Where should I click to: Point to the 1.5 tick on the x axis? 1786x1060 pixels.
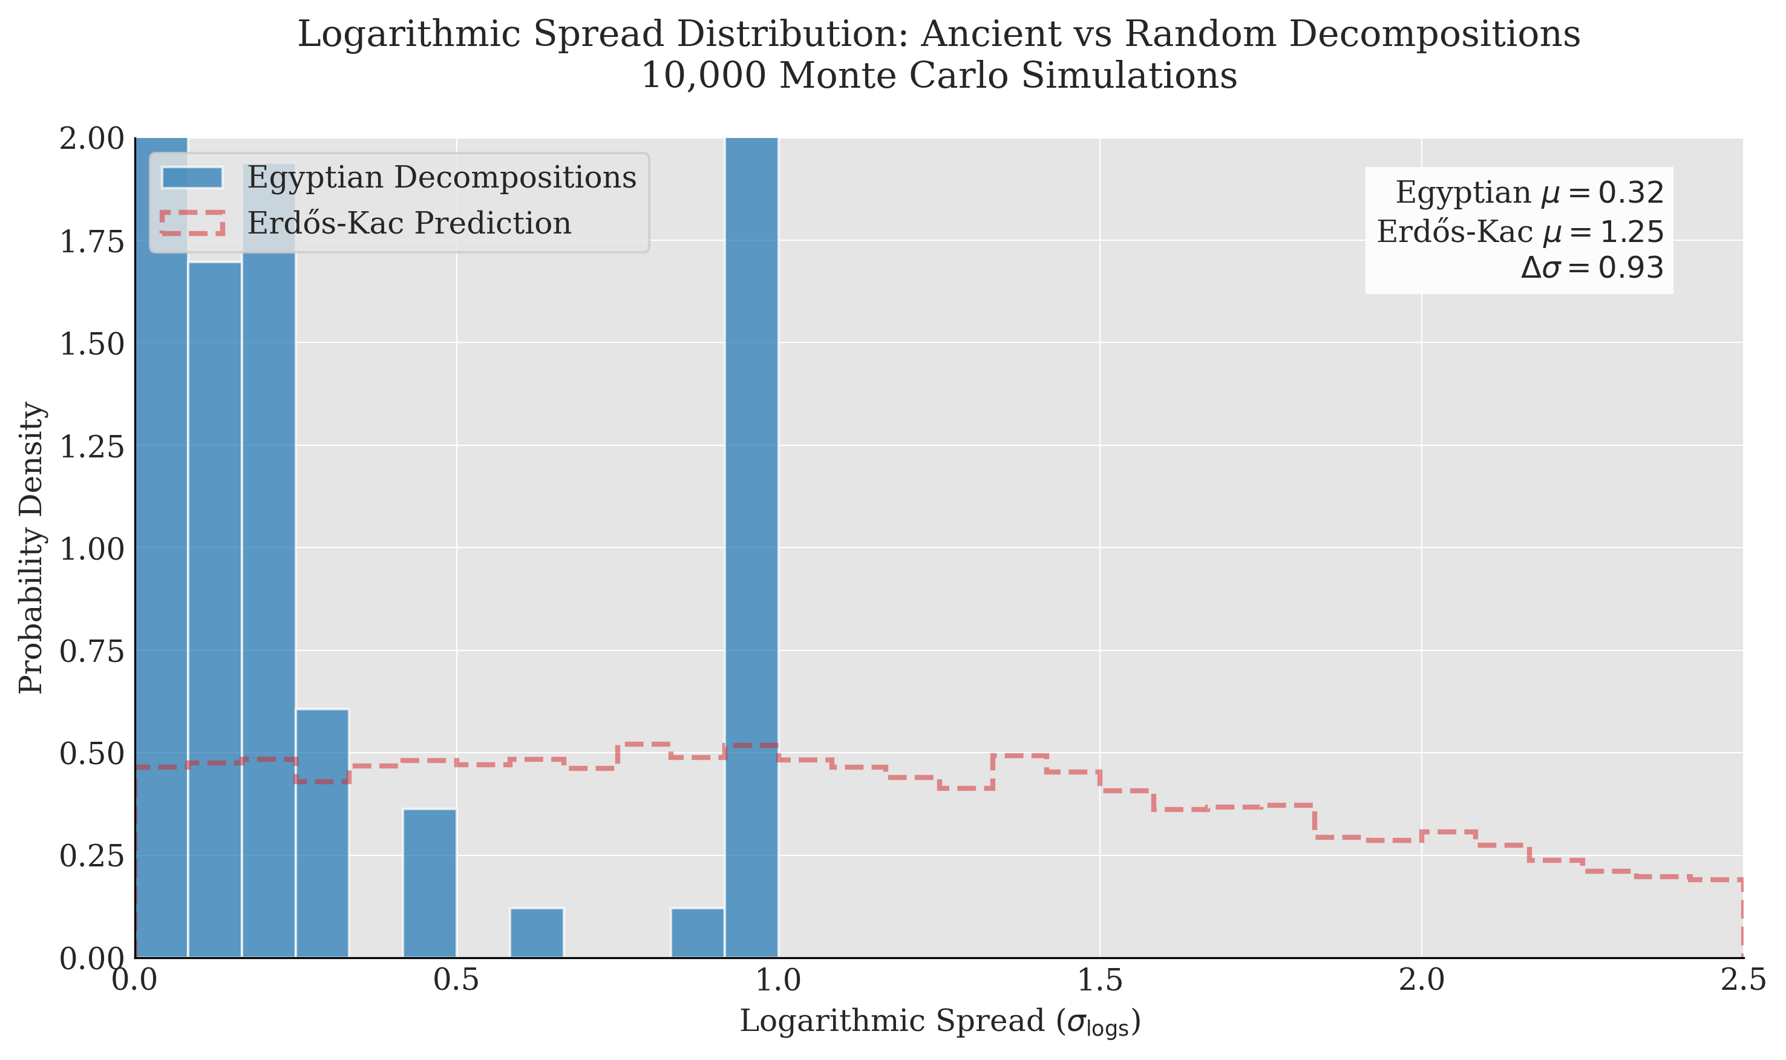pos(1100,981)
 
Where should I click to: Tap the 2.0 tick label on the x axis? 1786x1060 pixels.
pos(1421,981)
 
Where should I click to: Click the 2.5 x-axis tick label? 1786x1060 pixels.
pos(1742,981)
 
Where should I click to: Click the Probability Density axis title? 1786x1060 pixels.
pos(31,547)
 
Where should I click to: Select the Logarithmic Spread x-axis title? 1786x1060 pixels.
pos(939,1021)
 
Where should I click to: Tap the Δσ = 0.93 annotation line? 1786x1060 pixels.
pos(1592,268)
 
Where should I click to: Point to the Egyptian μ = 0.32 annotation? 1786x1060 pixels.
pos(1529,193)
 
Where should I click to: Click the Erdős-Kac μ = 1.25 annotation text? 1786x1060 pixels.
pos(1520,232)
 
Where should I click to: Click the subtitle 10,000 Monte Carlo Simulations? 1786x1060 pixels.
pos(938,76)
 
